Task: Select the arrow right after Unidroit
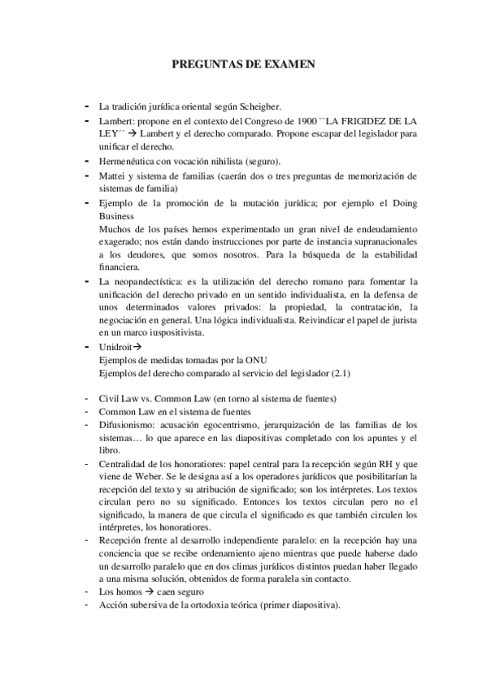[138, 348]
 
